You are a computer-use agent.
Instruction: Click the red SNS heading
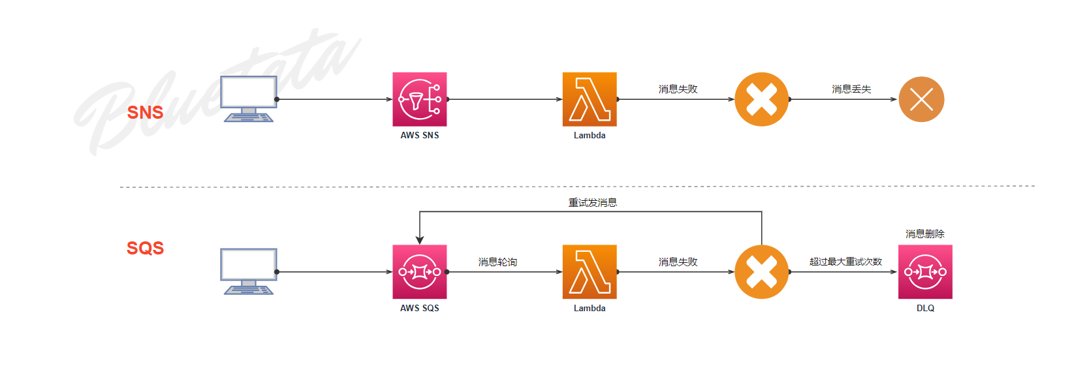click(x=145, y=112)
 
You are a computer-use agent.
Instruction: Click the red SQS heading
click(x=145, y=248)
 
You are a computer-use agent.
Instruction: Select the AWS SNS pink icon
click(x=419, y=99)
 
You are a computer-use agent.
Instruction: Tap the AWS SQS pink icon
click(x=419, y=271)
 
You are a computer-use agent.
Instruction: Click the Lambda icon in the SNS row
click(x=590, y=99)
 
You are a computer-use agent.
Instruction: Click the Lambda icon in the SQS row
click(x=590, y=271)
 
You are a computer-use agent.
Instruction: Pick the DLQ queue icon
click(x=925, y=271)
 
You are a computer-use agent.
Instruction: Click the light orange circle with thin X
click(x=921, y=99)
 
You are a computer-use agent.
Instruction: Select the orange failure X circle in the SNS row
click(x=761, y=99)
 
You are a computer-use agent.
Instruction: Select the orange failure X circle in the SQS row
click(x=761, y=271)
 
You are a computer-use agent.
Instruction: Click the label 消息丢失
click(x=851, y=89)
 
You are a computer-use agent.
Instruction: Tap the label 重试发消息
click(x=592, y=203)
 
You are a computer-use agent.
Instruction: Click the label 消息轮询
click(x=497, y=262)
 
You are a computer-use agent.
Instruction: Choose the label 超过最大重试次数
click(x=845, y=262)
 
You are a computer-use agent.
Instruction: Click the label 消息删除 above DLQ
click(x=924, y=234)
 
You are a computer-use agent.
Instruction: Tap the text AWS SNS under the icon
click(x=419, y=135)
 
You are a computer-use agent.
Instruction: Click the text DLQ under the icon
click(x=925, y=308)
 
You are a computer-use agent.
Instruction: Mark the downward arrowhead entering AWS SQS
click(x=420, y=240)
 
